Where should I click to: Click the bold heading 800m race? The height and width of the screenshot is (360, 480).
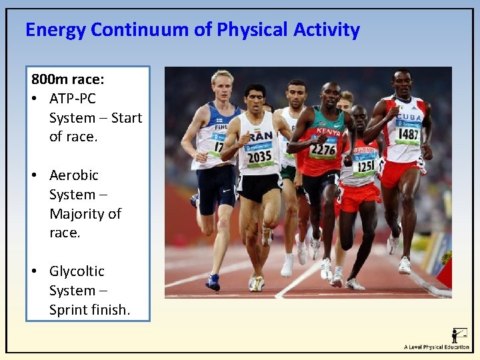tap(67, 79)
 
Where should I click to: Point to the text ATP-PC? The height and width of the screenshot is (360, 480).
tap(73, 99)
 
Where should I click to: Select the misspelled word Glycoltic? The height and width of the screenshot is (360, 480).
tap(77, 271)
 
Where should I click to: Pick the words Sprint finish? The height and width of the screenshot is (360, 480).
tap(89, 310)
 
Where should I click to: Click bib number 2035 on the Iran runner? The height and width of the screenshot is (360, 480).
tap(259, 157)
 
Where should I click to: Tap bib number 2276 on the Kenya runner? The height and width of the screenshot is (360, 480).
tap(323, 149)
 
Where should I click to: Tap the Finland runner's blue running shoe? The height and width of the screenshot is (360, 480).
tap(213, 282)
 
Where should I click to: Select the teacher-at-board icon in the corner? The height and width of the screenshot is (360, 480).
tap(459, 335)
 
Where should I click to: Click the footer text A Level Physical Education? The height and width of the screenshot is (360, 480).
tap(436, 347)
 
